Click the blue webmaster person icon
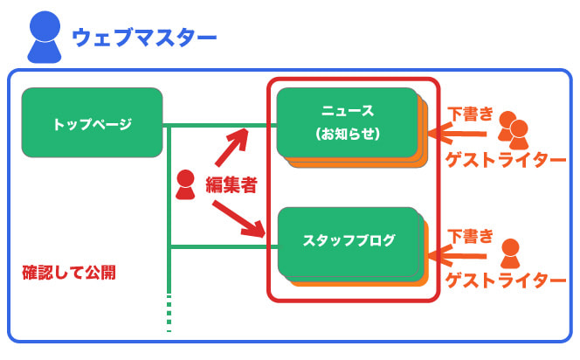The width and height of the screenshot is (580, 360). point(45,37)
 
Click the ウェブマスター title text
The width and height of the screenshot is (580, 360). point(144,38)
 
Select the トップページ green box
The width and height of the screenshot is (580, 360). point(92,122)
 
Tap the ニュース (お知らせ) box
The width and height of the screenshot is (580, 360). point(348,122)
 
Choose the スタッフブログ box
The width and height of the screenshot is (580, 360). point(348,242)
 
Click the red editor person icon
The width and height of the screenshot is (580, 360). point(185,184)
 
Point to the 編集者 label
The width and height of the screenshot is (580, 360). point(231,184)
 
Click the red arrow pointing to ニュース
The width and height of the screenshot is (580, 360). point(231,148)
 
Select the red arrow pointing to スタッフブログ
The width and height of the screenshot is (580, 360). point(239,219)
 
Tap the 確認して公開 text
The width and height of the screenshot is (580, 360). point(69,273)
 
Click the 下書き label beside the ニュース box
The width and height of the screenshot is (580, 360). point(470,114)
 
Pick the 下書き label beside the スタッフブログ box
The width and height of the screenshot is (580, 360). point(470,236)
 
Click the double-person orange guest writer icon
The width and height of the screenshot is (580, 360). point(513,130)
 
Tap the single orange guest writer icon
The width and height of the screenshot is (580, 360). point(510,253)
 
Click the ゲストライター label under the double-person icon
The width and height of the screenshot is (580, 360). point(506,160)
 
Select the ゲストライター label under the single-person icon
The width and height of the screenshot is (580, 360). point(506,280)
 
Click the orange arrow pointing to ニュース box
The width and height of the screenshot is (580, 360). point(457,134)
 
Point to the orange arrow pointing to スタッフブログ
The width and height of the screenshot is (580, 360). point(457,256)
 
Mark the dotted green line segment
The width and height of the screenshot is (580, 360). point(169,313)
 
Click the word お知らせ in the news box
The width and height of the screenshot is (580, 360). point(348,134)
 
